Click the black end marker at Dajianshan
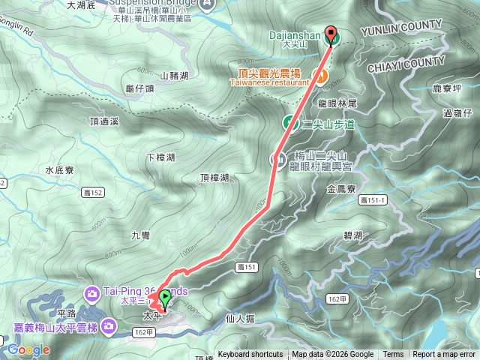[x=331, y=37]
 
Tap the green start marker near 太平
[x=164, y=298]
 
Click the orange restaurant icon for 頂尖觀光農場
[x=320, y=76]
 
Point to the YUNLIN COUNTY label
[x=401, y=26]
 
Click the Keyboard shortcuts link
[x=250, y=355]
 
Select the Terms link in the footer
[x=393, y=355]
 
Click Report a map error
[x=444, y=355]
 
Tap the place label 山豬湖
[x=175, y=75]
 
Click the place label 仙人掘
[x=240, y=318]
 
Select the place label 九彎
[x=142, y=235]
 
